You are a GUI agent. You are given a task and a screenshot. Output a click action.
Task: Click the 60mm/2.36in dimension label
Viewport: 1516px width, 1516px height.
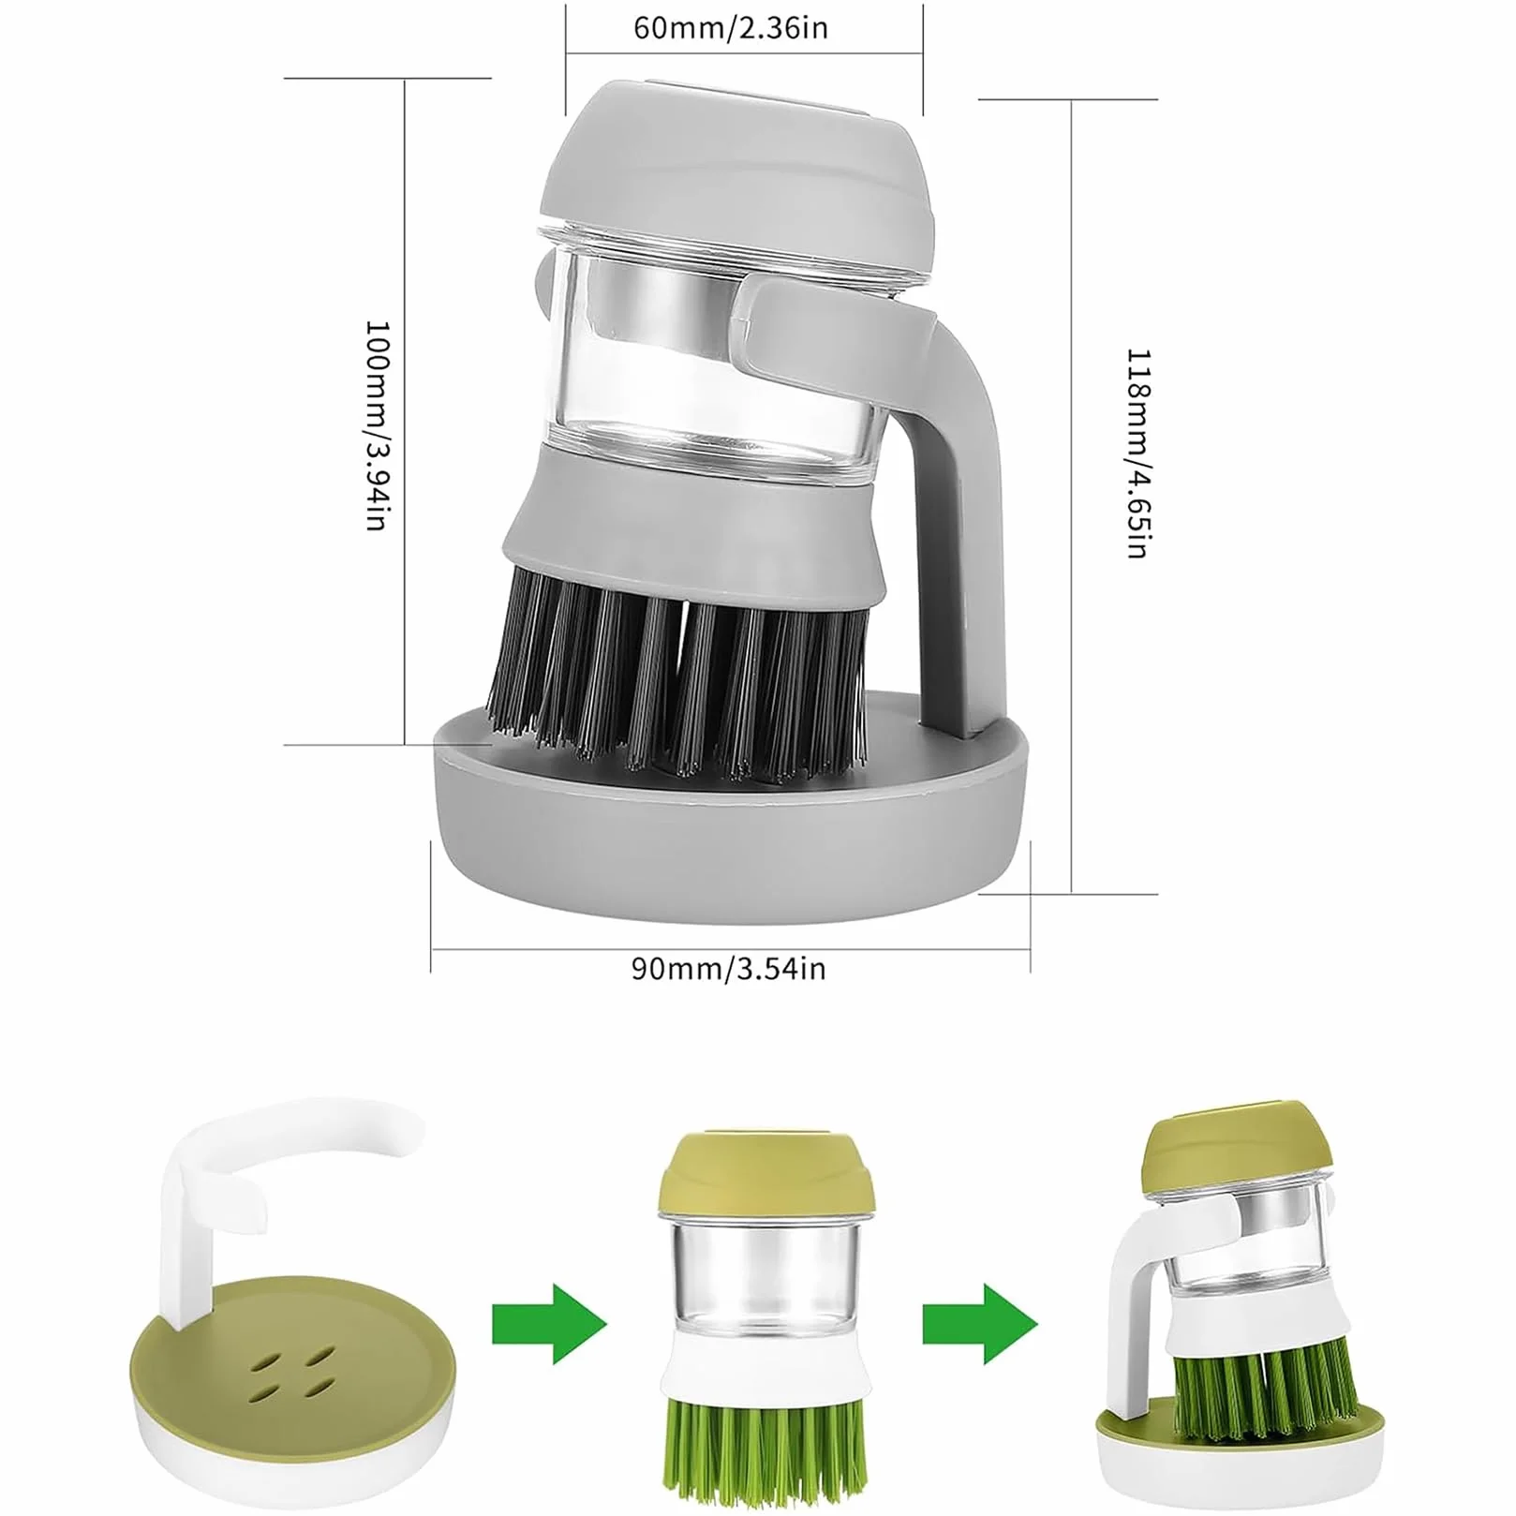[x=731, y=28]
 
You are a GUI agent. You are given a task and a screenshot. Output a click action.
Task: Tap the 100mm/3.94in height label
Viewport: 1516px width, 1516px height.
[x=377, y=426]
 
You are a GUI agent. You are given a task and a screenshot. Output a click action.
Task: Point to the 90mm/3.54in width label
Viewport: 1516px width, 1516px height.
[x=728, y=968]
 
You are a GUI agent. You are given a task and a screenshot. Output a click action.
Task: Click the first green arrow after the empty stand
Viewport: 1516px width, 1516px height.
[x=550, y=1324]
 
